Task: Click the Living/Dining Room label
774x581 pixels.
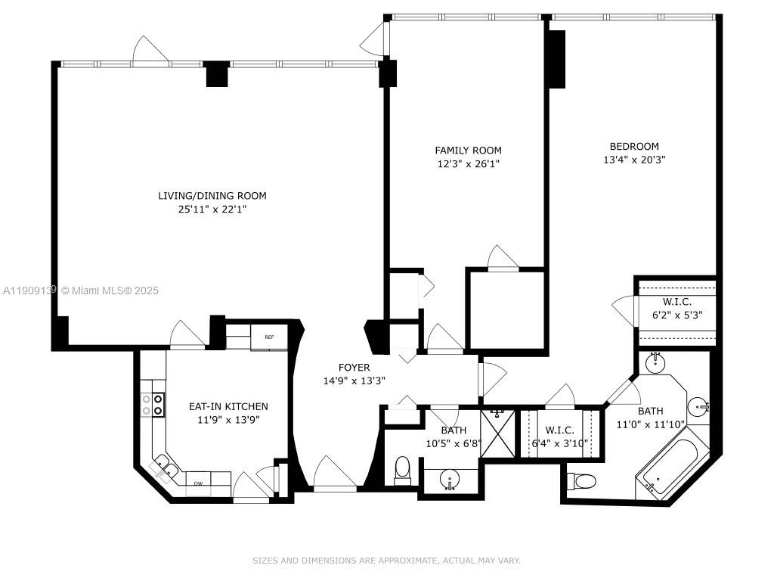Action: tap(212, 196)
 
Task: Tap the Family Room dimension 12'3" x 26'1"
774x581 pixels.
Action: tap(468, 163)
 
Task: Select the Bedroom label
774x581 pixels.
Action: tap(634, 146)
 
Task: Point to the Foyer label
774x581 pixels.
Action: tap(354, 368)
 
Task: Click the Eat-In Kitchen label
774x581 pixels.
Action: tap(228, 406)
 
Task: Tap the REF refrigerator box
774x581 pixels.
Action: tap(268, 337)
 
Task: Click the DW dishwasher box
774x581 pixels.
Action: tap(198, 483)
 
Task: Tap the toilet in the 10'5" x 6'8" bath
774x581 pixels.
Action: tap(402, 468)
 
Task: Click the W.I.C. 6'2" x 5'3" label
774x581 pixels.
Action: tap(677, 309)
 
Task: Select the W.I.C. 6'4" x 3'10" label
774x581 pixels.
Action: tap(560, 437)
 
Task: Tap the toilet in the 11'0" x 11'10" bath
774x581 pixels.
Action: tap(584, 480)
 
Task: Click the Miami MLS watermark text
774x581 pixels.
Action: tap(80, 290)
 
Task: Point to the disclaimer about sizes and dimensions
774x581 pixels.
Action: tap(386, 561)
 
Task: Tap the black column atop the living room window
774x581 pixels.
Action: tap(217, 73)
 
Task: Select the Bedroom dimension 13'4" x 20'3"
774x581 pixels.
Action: tap(634, 160)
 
